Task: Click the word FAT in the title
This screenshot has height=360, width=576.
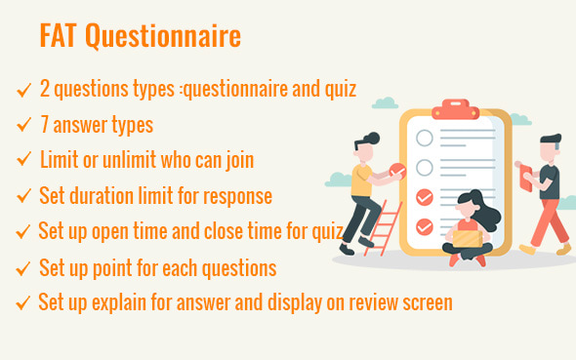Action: tap(58, 36)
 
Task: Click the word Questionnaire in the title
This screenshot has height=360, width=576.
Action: tap(161, 37)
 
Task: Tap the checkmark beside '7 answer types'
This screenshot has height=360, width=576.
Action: tap(22, 125)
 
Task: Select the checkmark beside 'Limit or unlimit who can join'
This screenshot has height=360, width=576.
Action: tap(22, 160)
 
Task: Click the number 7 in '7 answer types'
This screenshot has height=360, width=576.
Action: tap(44, 125)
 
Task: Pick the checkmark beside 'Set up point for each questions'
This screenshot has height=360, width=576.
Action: tap(22, 267)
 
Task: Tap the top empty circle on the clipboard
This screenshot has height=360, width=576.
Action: tap(424, 138)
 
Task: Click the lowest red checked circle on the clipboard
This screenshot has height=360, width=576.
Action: tap(424, 226)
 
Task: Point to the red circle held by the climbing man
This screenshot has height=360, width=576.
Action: tap(397, 171)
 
